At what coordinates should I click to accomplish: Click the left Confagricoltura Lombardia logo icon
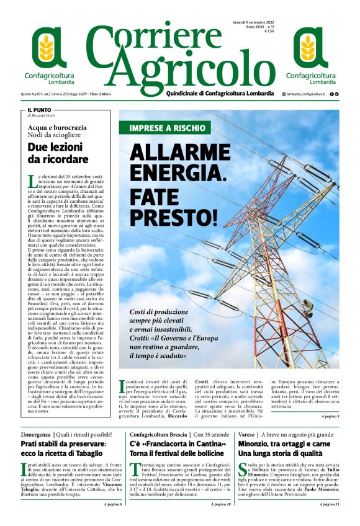49,48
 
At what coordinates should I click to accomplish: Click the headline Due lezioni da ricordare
58,153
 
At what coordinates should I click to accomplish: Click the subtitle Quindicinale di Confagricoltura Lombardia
220,94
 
